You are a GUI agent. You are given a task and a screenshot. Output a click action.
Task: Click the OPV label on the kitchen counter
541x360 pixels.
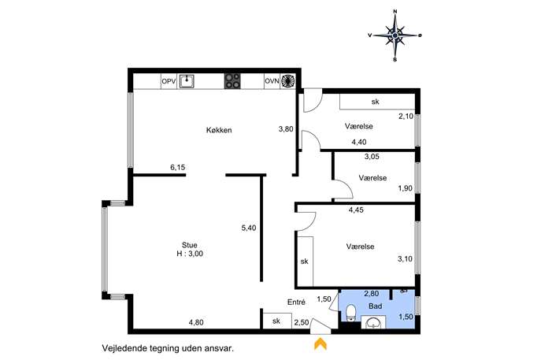click(169, 82)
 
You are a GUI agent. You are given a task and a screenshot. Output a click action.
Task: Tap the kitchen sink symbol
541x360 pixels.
click(187, 82)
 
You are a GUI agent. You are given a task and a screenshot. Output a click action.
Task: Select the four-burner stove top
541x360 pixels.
click(232, 82)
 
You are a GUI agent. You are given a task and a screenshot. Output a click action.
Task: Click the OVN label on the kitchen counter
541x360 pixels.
click(272, 82)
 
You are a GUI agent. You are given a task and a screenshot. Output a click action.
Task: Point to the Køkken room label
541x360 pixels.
click(219, 130)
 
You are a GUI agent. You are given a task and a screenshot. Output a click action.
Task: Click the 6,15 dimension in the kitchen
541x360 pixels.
click(178, 168)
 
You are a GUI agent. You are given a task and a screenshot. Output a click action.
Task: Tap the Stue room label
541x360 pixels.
click(190, 245)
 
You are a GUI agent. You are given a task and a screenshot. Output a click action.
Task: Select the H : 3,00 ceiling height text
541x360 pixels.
click(190, 254)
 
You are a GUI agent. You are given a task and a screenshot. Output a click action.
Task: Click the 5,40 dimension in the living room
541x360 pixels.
click(249, 228)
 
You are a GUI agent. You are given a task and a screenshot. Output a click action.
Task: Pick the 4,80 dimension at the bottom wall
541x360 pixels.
click(196, 322)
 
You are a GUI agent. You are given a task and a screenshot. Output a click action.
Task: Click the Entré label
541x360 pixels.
click(296, 302)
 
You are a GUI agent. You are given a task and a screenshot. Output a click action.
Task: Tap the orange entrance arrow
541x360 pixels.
click(321, 343)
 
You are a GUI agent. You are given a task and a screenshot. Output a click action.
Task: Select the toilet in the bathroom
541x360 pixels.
click(351, 313)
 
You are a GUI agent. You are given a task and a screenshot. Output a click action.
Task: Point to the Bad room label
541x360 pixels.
click(376, 306)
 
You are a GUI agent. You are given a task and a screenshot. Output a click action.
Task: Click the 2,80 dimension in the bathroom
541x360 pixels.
click(372, 294)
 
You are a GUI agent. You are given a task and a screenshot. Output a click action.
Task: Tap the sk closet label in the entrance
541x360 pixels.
click(276, 321)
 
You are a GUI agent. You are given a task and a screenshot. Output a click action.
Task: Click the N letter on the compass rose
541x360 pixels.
click(395, 11)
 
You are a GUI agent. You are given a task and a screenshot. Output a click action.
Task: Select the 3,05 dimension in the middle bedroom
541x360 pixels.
click(372, 156)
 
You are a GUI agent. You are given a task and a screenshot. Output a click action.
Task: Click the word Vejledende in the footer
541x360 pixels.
click(118, 348)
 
